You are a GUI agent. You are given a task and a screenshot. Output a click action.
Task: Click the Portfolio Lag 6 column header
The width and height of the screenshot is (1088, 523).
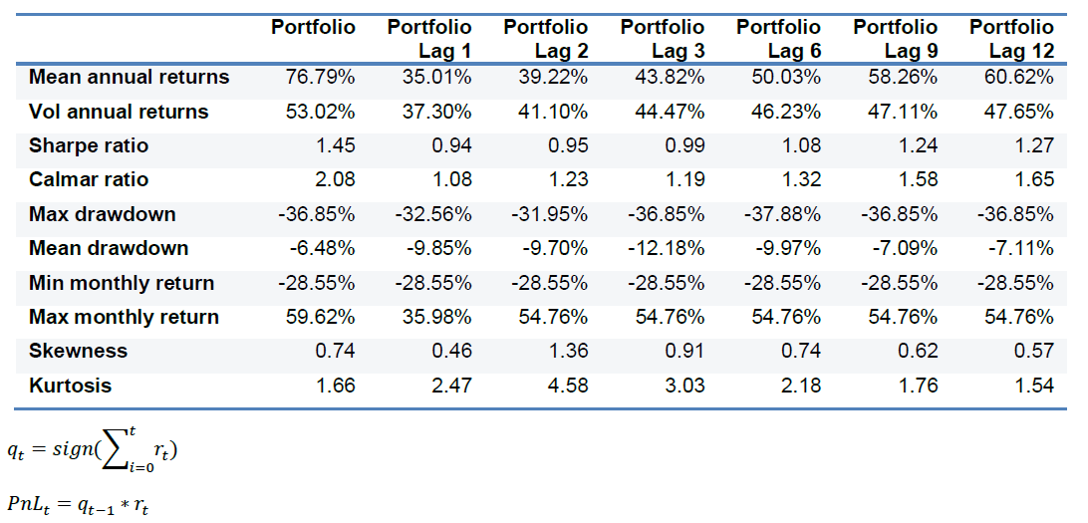(778, 38)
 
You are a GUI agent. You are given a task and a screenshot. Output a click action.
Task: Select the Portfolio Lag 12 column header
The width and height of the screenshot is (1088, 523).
(1011, 38)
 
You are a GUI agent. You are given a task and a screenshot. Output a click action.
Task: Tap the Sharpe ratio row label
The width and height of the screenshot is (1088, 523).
(89, 145)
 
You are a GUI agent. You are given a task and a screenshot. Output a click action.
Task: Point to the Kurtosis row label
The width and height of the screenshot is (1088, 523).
(70, 386)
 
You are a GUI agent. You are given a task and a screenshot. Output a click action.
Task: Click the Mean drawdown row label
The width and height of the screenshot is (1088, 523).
(109, 248)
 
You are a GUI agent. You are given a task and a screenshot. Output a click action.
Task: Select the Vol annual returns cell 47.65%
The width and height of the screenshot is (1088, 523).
(1019, 112)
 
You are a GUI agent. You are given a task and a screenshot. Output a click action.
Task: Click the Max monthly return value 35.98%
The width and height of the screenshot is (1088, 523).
(437, 317)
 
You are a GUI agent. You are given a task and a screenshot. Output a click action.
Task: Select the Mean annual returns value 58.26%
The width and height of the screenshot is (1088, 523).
(903, 78)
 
